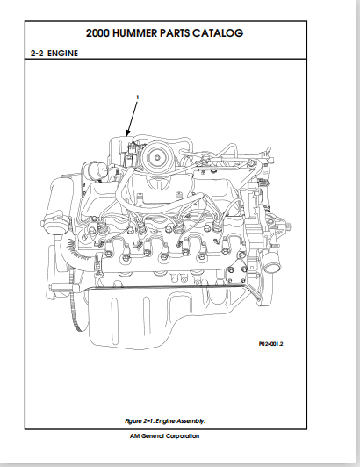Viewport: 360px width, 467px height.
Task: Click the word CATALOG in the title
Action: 218,33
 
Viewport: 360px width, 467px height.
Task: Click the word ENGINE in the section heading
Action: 63,54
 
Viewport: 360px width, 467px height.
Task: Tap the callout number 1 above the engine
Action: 137,97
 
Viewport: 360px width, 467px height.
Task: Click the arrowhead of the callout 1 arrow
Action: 128,134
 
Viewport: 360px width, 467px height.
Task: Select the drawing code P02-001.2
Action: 271,344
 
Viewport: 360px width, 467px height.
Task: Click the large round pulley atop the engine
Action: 157,156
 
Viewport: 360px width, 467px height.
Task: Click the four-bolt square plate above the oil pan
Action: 236,274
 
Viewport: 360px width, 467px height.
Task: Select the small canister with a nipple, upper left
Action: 94,171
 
